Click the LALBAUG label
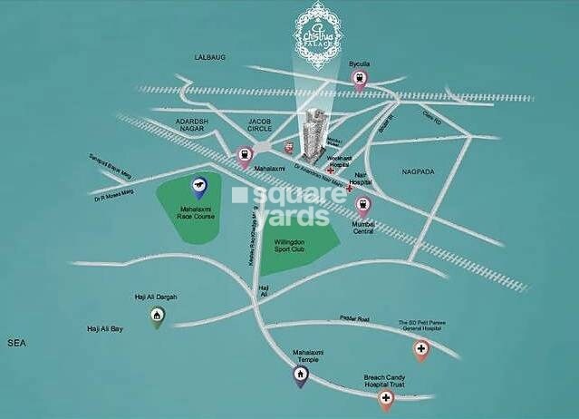pos(209,57)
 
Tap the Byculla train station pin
pos(360,79)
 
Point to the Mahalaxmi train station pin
pos(244,156)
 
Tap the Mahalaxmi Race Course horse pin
pos(198,188)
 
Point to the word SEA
pos(15,344)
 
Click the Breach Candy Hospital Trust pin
pos(387,398)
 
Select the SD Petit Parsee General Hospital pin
pos(421,348)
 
